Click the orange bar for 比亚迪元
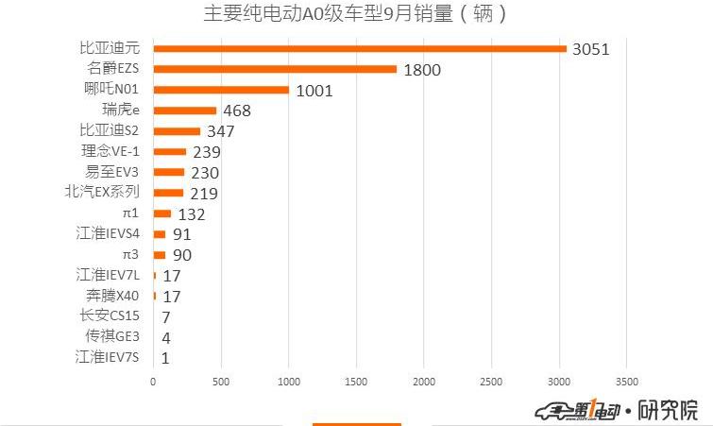tap(359, 48)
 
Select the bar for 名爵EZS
tap(274, 69)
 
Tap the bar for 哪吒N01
tap(220, 90)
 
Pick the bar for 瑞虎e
tap(184, 111)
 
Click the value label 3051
tap(591, 49)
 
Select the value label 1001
tap(314, 91)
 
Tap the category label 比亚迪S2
tap(110, 130)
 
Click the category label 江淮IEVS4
tap(108, 234)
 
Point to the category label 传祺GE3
tap(113, 336)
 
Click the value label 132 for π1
tap(192, 214)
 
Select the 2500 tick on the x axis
tap(490, 383)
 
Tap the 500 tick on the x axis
tap(220, 383)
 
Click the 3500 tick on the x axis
tap(626, 383)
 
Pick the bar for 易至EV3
tap(168, 172)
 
